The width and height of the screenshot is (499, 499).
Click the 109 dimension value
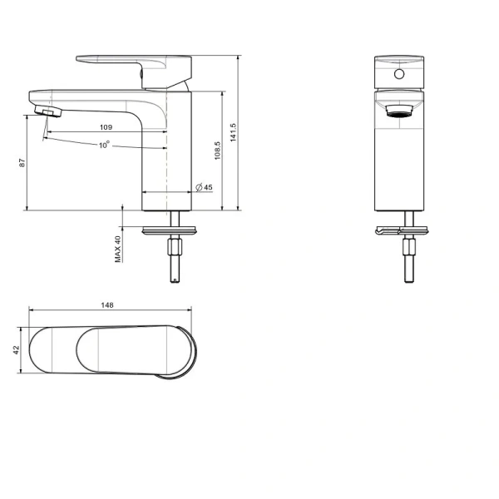coord(106,127)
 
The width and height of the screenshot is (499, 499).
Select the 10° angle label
coord(104,145)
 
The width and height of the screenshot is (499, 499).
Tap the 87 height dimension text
coord(22,164)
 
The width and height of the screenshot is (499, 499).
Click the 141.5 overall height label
coord(234,133)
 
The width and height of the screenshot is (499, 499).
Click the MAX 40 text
coord(118,249)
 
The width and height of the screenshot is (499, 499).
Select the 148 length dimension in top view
coord(106,305)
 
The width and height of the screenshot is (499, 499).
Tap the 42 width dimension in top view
coord(16,351)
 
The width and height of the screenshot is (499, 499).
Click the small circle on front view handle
coord(398,75)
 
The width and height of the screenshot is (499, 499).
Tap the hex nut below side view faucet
coord(175,247)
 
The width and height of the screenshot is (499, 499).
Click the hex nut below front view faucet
coord(408,248)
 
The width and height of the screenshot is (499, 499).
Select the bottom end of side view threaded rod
coord(175,279)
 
